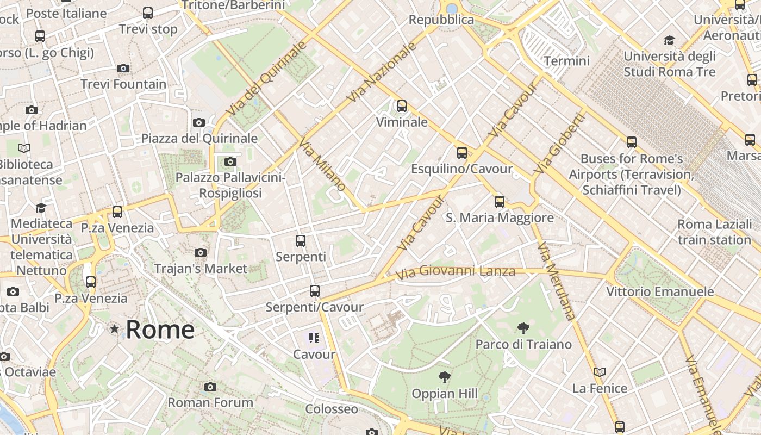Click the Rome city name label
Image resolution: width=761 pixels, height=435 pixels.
160,330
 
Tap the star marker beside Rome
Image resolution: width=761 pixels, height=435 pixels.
115,329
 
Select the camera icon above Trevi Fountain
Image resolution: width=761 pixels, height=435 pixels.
123,69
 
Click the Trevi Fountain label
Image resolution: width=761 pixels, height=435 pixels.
124,84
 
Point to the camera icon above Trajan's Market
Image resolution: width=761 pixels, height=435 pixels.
201,252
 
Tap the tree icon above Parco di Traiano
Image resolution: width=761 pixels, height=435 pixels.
523,328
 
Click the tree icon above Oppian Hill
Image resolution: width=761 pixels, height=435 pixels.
445,377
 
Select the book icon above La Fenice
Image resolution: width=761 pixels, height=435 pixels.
600,372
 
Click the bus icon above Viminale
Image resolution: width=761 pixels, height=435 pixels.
402,106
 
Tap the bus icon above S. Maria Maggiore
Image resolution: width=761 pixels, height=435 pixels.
500,202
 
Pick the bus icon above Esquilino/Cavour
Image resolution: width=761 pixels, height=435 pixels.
462,153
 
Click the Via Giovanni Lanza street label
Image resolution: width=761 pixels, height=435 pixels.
456,271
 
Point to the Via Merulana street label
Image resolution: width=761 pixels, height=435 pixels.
556,281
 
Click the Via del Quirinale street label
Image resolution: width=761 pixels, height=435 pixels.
267,78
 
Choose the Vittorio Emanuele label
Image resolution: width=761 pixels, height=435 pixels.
660,292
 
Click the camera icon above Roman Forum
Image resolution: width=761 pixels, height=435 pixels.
210,387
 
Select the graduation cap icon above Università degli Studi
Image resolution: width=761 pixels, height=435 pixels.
669,41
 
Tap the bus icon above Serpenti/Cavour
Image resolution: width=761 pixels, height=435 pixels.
315,291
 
